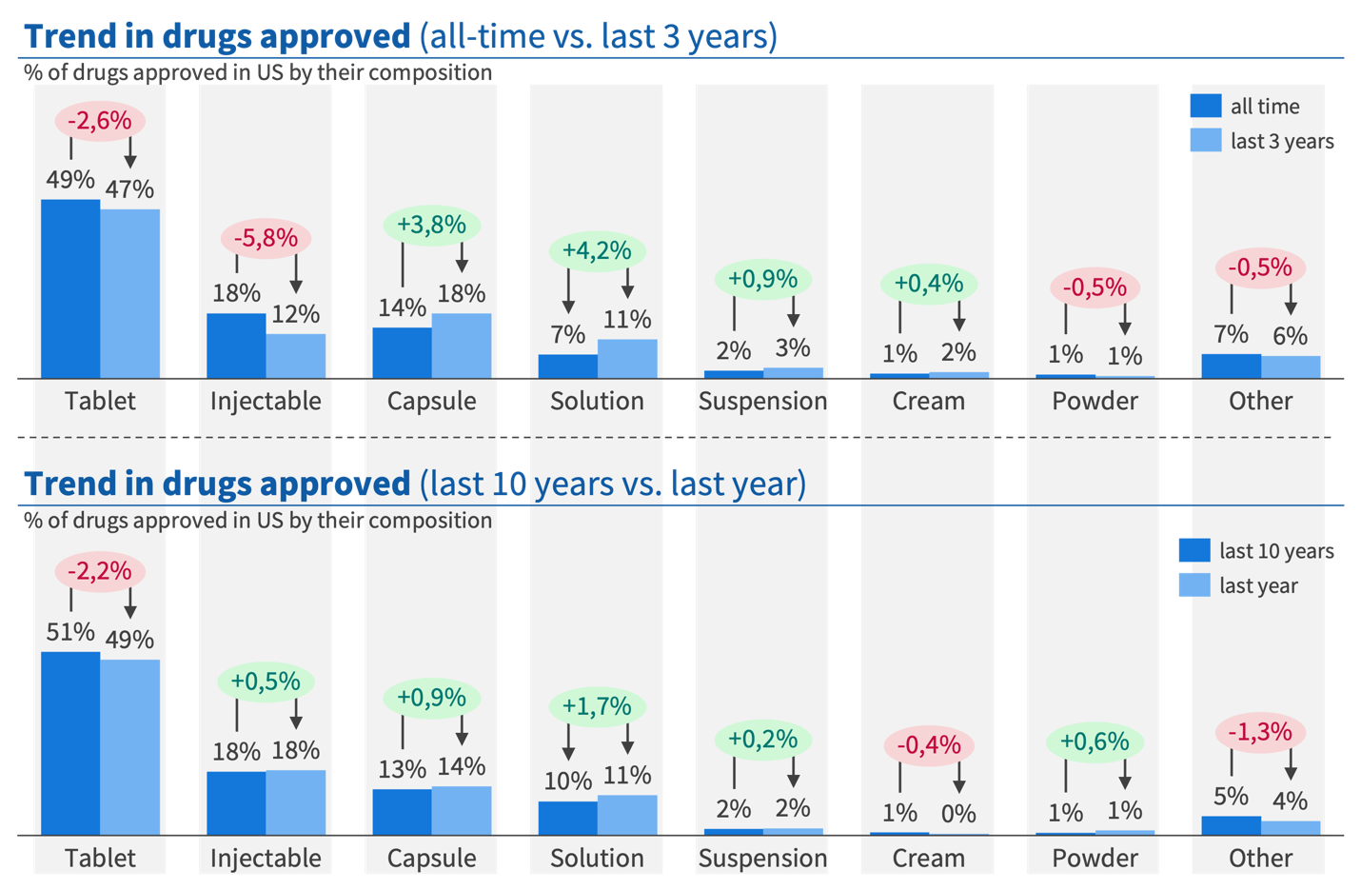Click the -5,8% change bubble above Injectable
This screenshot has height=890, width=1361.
click(x=266, y=238)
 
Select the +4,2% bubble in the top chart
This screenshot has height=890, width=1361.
click(x=597, y=251)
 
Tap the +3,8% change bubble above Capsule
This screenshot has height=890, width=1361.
click(x=431, y=226)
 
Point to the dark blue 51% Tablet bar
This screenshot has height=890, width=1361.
click(x=70, y=742)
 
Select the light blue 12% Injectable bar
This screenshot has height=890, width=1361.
click(x=296, y=356)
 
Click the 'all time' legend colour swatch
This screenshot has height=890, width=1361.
click(x=1205, y=106)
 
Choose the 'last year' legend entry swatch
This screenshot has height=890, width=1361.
click(x=1193, y=585)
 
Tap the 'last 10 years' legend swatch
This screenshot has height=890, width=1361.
click(x=1193, y=550)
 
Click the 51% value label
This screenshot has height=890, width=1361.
click(x=70, y=632)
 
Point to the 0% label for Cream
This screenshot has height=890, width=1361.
click(x=958, y=814)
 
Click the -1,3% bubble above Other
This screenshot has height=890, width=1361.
click(x=1260, y=732)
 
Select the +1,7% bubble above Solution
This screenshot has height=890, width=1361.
click(x=597, y=706)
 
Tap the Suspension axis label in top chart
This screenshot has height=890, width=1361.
click(x=762, y=401)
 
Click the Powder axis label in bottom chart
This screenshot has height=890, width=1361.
click(x=1095, y=858)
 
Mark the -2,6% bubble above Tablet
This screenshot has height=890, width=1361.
click(x=100, y=121)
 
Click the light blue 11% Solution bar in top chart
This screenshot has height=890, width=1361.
click(x=627, y=359)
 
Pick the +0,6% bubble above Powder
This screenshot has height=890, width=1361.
click(x=1095, y=742)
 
